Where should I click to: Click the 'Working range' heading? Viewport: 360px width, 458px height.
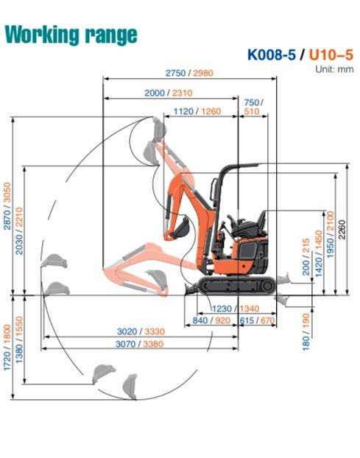[x=71, y=35]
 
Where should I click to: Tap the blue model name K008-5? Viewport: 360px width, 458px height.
[x=272, y=54]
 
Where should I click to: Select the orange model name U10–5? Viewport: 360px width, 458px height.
[x=331, y=54]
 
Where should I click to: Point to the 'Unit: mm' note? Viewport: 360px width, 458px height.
[x=334, y=69]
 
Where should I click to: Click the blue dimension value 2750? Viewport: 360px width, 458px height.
[x=175, y=73]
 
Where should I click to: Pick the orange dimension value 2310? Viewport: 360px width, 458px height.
[x=182, y=93]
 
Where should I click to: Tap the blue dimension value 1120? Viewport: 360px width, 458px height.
[x=183, y=111]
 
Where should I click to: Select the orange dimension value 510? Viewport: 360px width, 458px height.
[x=252, y=111]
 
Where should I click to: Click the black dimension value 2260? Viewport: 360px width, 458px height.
[x=342, y=230]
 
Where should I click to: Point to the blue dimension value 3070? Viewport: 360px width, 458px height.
[x=126, y=344]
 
